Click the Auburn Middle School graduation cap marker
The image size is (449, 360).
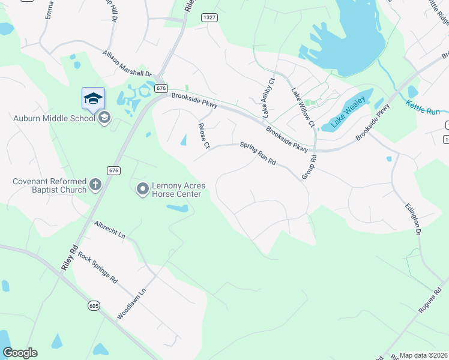[x=93, y=98]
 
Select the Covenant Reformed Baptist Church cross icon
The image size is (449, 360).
[x=95, y=185]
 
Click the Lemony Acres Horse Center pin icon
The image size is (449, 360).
[x=142, y=190]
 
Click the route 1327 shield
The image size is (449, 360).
[x=209, y=17]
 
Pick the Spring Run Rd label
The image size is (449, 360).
[x=258, y=153]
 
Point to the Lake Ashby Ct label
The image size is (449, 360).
[x=267, y=97]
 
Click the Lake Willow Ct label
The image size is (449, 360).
[x=303, y=107]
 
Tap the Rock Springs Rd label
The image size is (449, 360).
[x=98, y=268]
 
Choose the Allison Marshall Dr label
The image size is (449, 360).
[x=128, y=64]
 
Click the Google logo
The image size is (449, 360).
[x=20, y=353]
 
